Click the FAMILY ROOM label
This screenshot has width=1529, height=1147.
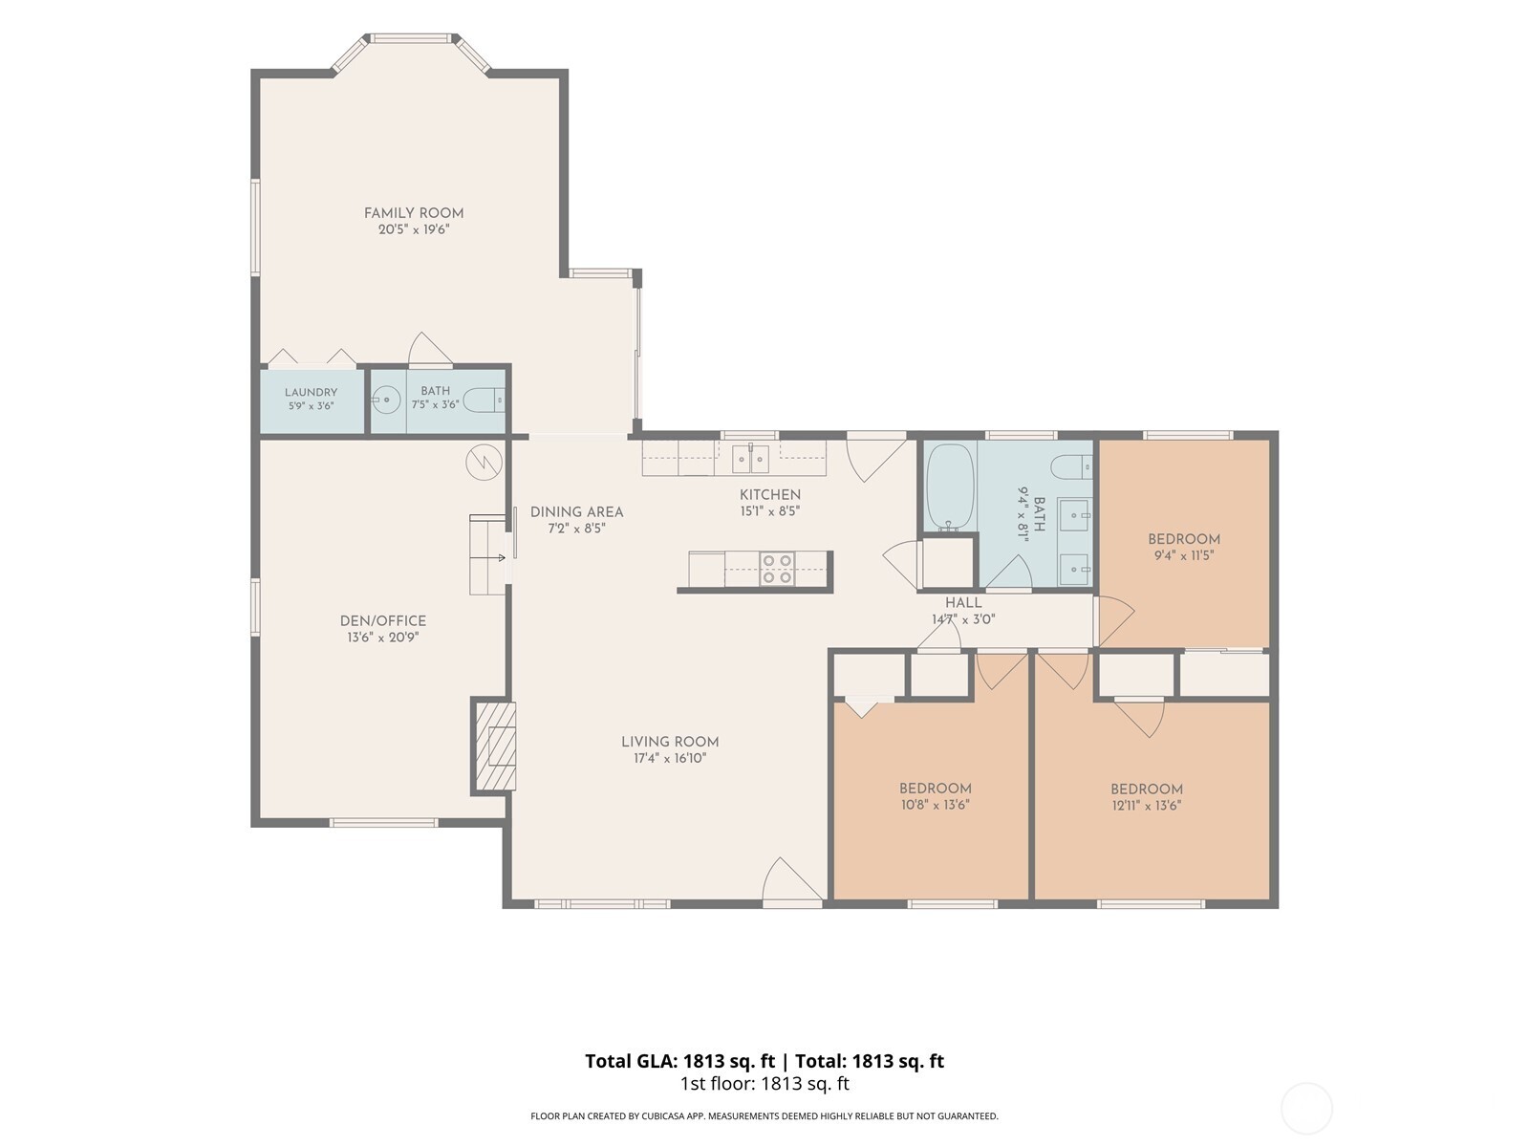(x=414, y=213)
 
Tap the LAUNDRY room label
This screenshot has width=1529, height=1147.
(x=311, y=393)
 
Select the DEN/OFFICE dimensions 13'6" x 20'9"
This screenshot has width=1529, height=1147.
(x=383, y=638)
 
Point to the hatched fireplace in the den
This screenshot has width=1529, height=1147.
(x=495, y=747)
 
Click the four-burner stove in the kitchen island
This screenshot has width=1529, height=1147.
(x=777, y=569)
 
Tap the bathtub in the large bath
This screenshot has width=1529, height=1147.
(x=950, y=488)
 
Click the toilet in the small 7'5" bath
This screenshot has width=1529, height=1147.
(x=484, y=400)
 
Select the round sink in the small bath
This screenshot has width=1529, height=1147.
(x=385, y=400)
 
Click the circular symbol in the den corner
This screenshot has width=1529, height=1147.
(x=485, y=462)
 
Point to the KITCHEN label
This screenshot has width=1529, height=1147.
(x=769, y=494)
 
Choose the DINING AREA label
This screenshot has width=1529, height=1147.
(x=577, y=512)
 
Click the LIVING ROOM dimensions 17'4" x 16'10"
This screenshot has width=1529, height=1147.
(x=670, y=758)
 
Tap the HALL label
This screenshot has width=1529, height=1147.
(x=963, y=603)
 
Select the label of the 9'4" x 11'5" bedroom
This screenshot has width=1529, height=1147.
(x=1184, y=539)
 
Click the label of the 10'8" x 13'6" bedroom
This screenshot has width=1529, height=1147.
(x=935, y=789)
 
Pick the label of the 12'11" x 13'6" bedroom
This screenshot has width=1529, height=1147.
(x=1147, y=790)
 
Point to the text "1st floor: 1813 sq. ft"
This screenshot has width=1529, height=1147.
(x=764, y=1084)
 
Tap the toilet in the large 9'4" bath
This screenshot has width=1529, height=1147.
(x=1070, y=466)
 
